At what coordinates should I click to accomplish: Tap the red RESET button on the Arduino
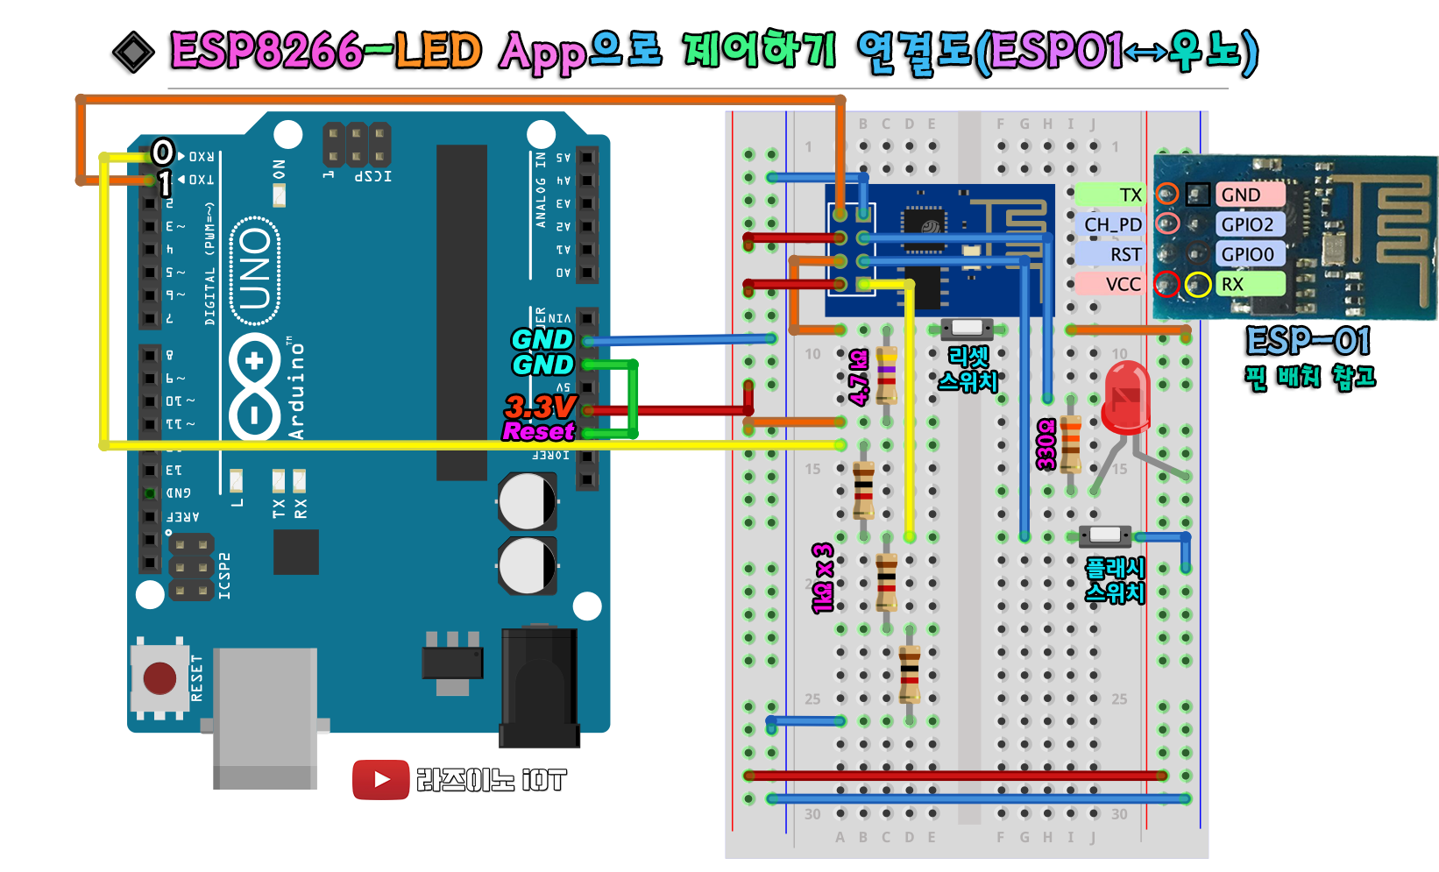[159, 677]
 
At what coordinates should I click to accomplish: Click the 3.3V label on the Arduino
[540, 407]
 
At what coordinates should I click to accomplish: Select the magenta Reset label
[538, 431]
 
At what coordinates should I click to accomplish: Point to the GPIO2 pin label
[1248, 224]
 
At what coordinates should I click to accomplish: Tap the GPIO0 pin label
[1248, 254]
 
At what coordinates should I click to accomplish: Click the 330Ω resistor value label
[1046, 444]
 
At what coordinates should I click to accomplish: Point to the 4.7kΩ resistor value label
[859, 377]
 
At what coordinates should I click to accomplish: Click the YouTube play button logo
[380, 779]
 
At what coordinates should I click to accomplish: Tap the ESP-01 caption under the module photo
[1308, 340]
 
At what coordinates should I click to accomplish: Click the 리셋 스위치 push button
[967, 329]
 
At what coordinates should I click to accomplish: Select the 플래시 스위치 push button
[1105, 535]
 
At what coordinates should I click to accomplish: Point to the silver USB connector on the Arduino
[265, 714]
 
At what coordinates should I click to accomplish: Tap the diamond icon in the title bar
[134, 53]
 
